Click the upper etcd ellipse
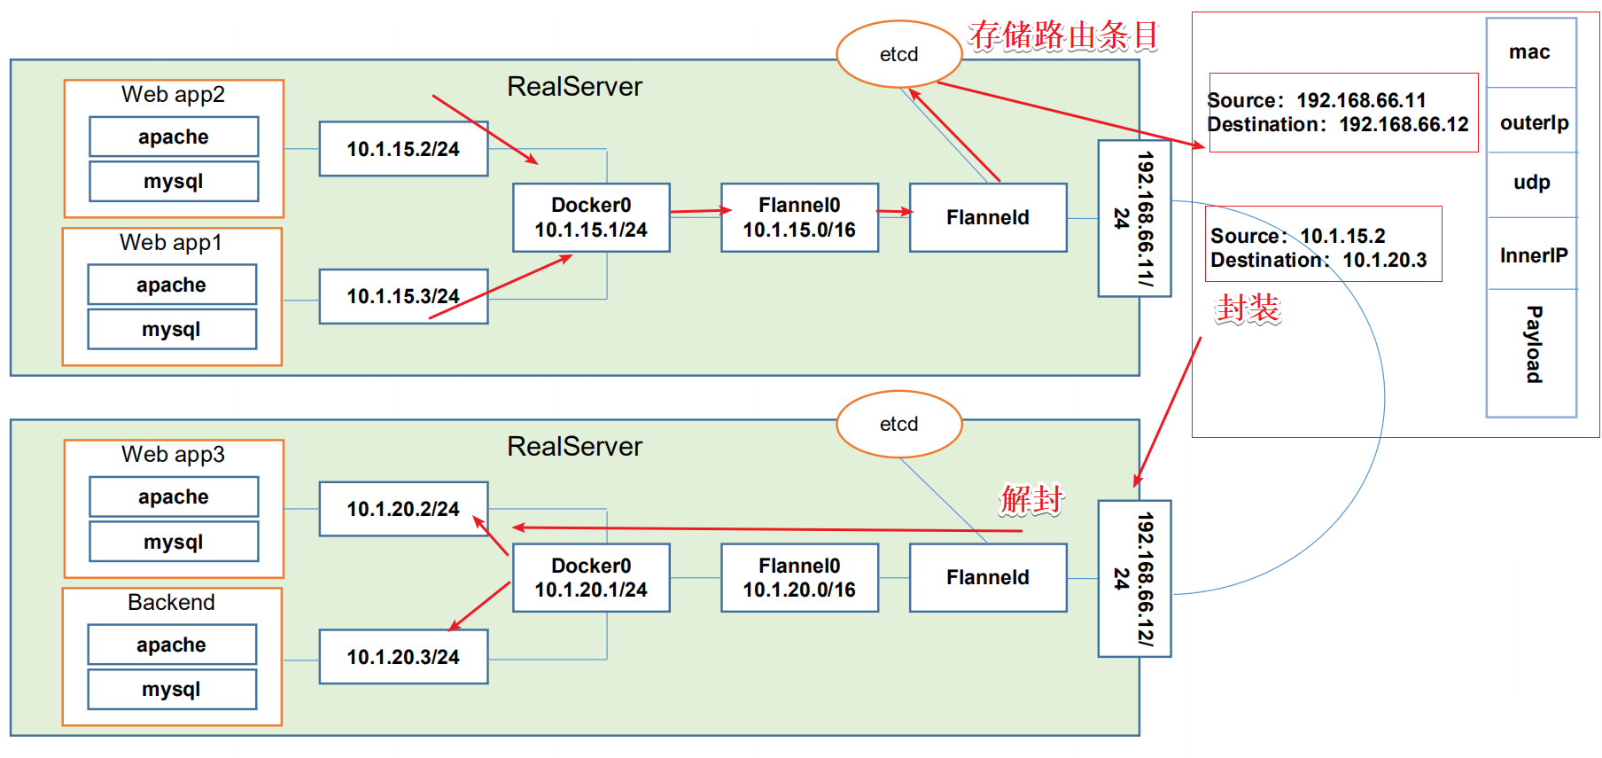(898, 54)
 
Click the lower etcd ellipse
(898, 424)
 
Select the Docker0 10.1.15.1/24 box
(591, 218)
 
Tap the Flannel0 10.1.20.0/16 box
(799, 578)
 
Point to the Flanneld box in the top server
(987, 218)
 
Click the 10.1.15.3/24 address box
(403, 297)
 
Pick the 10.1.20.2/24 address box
(403, 509)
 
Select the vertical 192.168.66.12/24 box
(1134, 578)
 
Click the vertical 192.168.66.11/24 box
(1134, 218)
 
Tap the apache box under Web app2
(174, 137)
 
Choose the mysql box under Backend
(172, 689)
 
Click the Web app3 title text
(173, 455)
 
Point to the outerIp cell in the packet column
(1532, 122)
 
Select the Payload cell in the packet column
(1532, 346)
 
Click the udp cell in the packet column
(1532, 183)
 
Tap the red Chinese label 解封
(1030, 500)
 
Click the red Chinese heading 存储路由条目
(1062, 36)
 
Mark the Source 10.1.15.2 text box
(1323, 245)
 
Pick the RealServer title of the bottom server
(574, 446)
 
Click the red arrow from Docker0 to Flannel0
(699, 211)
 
